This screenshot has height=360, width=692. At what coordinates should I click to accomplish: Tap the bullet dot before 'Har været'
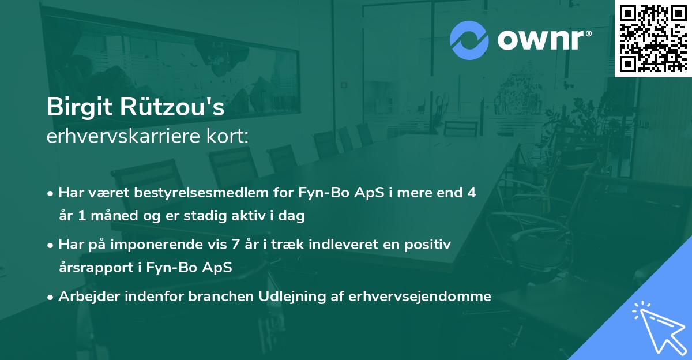coord(51,193)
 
